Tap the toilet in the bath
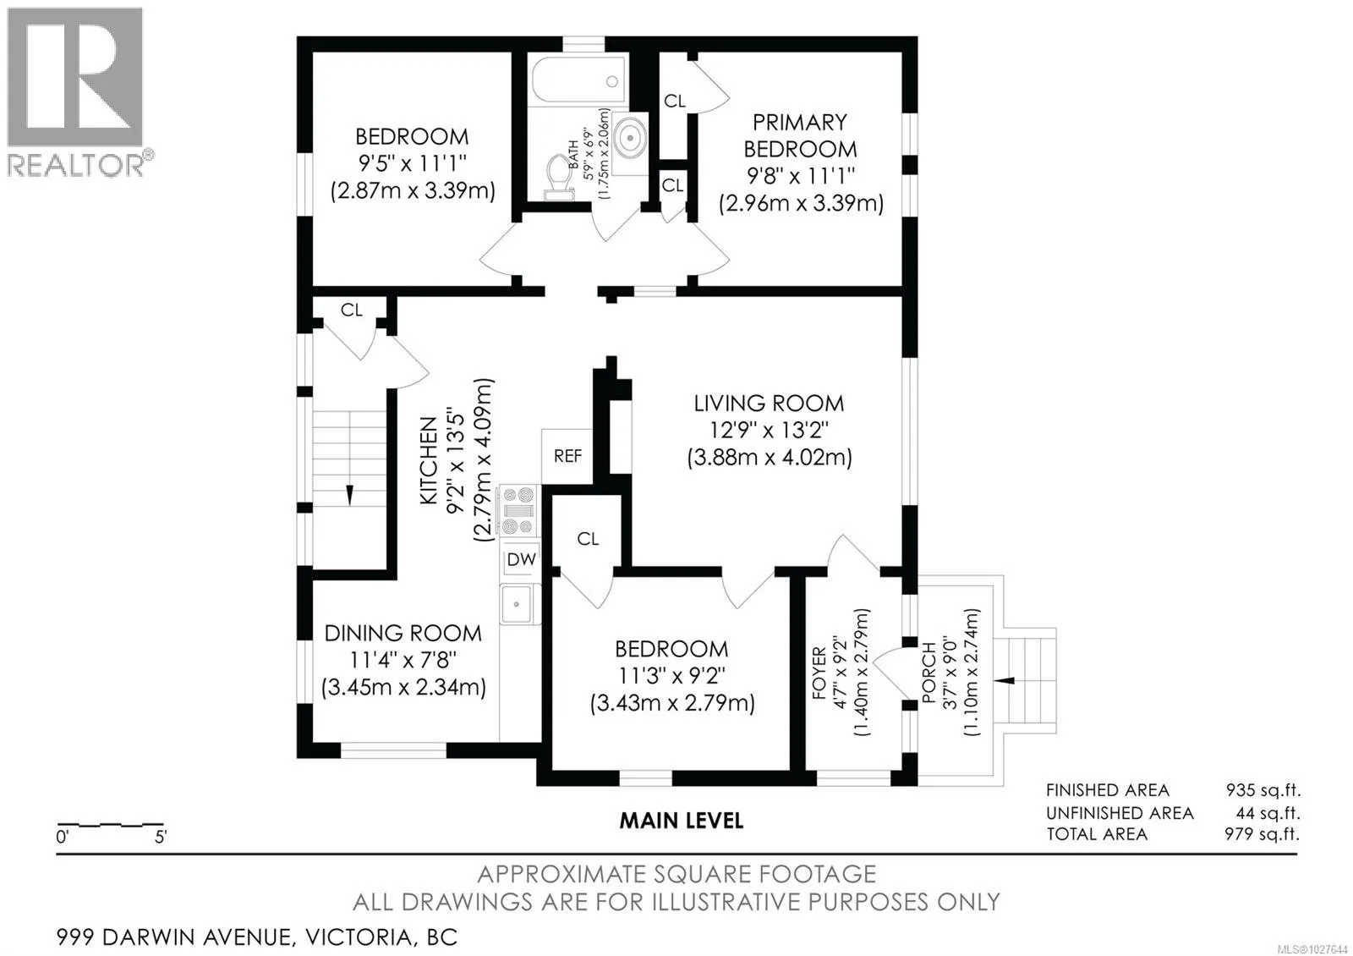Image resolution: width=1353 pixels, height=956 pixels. pyautogui.click(x=559, y=177)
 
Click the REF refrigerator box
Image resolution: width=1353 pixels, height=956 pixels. pyautogui.click(x=567, y=456)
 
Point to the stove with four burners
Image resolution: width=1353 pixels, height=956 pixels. pyautogui.click(x=518, y=510)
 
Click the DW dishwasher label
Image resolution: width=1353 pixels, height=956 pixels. pyautogui.click(x=521, y=559)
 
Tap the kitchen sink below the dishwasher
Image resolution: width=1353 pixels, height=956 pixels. pyautogui.click(x=517, y=604)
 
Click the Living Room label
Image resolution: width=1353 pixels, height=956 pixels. pyautogui.click(x=769, y=403)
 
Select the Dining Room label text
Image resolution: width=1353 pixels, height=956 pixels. pyautogui.click(x=403, y=634)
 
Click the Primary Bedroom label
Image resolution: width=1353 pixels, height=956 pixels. pyautogui.click(x=800, y=135)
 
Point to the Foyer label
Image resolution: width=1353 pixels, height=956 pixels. pyautogui.click(x=819, y=673)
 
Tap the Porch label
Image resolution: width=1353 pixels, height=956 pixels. pyautogui.click(x=929, y=672)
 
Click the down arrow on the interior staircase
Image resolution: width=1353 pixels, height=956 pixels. pyautogui.click(x=349, y=494)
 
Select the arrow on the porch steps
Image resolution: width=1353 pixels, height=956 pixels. pyautogui.click(x=1005, y=680)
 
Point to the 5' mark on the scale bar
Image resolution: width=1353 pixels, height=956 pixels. pyautogui.click(x=161, y=837)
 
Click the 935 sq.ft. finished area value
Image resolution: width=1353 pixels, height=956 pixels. pyautogui.click(x=1263, y=790)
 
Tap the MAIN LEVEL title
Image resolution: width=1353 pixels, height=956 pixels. pyautogui.click(x=682, y=821)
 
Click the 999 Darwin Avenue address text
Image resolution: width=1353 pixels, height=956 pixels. pyautogui.click(x=257, y=937)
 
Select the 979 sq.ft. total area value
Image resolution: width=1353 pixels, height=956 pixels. pyautogui.click(x=1262, y=834)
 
